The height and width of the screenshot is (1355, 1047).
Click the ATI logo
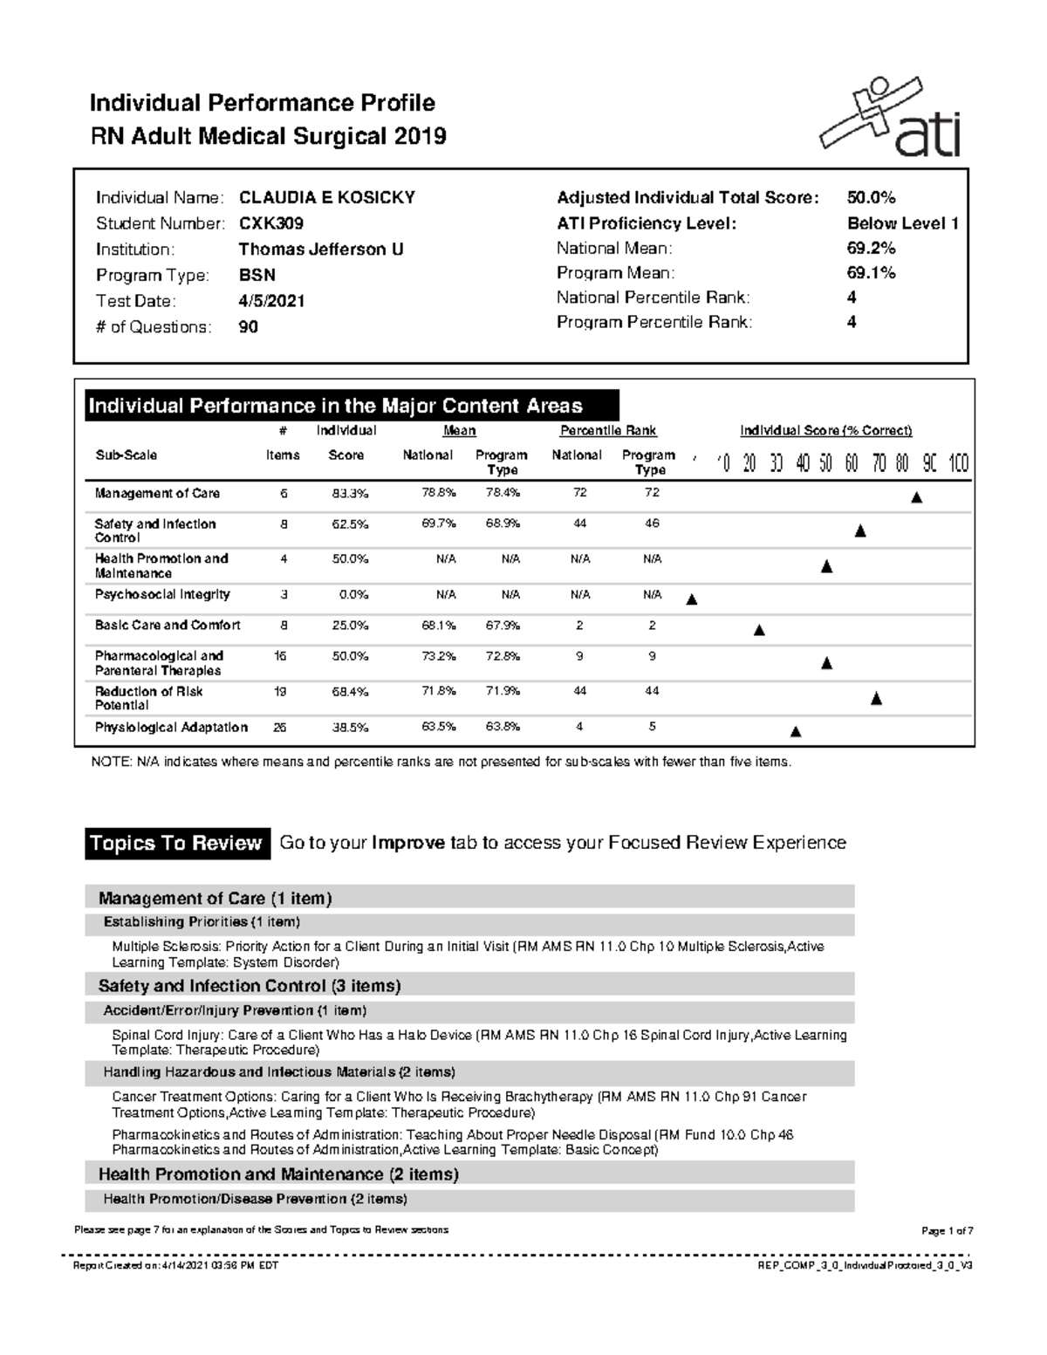click(x=890, y=117)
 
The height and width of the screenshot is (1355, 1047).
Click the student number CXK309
click(x=271, y=223)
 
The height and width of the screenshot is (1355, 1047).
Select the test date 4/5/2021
click(x=271, y=301)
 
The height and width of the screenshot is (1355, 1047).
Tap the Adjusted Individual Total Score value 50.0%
click(x=871, y=197)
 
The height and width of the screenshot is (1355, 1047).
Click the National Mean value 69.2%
click(x=871, y=248)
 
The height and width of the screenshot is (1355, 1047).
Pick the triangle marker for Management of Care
click(x=916, y=498)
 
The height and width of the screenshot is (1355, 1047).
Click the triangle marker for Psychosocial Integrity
click(x=692, y=599)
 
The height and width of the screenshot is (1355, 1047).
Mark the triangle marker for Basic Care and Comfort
click(x=759, y=630)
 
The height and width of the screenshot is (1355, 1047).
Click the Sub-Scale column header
click(x=126, y=455)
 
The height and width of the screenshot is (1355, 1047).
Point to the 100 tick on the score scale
click(x=958, y=463)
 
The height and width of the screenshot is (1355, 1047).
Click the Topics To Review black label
click(x=176, y=843)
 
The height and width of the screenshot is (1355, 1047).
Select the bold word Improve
click(x=408, y=843)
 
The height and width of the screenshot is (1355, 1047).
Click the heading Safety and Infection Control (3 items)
click(x=250, y=986)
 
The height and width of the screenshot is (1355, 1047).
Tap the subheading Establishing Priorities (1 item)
click(x=202, y=922)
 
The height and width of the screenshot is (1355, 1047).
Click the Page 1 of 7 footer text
click(x=947, y=1231)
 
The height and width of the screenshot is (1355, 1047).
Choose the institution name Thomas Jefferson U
click(x=321, y=250)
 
